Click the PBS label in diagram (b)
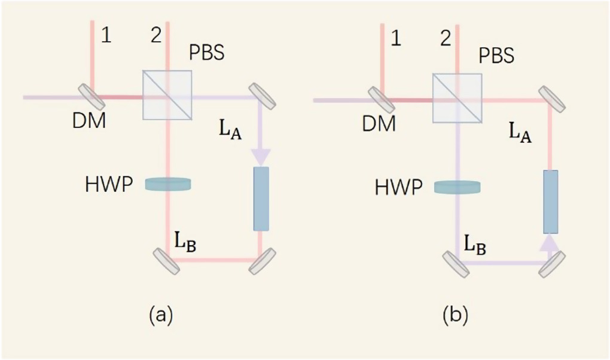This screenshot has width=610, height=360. [x=496, y=57]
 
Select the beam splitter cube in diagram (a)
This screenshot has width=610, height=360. [x=167, y=94]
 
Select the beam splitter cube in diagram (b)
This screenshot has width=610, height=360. [x=457, y=97]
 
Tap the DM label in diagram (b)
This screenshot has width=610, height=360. [x=378, y=124]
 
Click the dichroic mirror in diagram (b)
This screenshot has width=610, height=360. [x=381, y=99]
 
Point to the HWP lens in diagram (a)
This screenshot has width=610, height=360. [x=168, y=184]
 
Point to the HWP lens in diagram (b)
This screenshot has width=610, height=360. [x=457, y=187]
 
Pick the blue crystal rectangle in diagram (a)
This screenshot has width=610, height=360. [x=261, y=199]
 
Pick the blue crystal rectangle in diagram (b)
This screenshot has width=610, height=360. [x=551, y=202]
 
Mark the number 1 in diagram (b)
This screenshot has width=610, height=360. [x=396, y=39]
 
